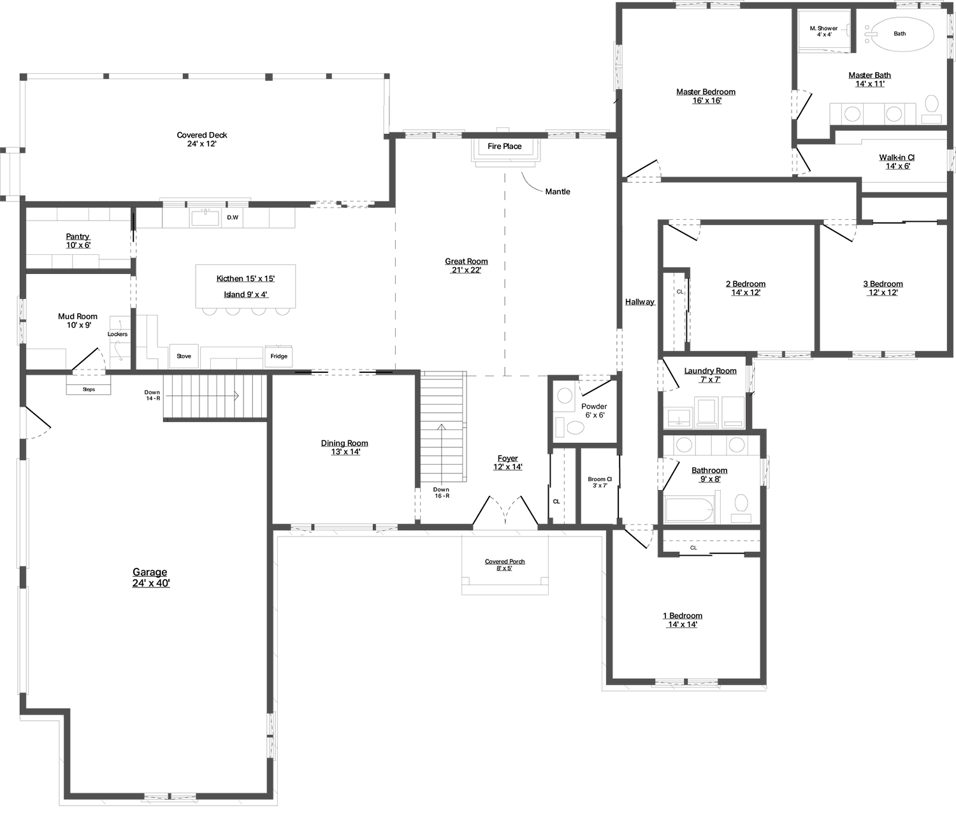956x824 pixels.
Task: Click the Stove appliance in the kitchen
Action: tap(184, 356)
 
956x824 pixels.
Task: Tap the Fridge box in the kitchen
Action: tap(279, 356)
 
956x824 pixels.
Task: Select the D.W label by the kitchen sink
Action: tap(233, 217)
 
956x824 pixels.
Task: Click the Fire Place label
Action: tap(504, 146)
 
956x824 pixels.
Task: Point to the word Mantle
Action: tap(557, 191)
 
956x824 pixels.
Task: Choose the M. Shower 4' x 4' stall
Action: tap(824, 31)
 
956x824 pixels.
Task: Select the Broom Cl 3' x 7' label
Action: tap(600, 482)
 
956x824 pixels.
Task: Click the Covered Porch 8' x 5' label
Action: tap(505, 565)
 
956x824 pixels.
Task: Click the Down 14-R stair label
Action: tap(152, 395)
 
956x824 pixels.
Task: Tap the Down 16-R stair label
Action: tap(441, 493)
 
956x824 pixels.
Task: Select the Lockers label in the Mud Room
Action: tap(117, 334)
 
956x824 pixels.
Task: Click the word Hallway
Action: tap(640, 302)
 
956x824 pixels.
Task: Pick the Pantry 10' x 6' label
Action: tap(78, 240)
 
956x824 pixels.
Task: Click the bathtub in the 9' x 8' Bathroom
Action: tap(690, 510)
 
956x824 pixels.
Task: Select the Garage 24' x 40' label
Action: tap(150, 577)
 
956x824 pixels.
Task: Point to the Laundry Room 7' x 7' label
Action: tap(710, 375)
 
